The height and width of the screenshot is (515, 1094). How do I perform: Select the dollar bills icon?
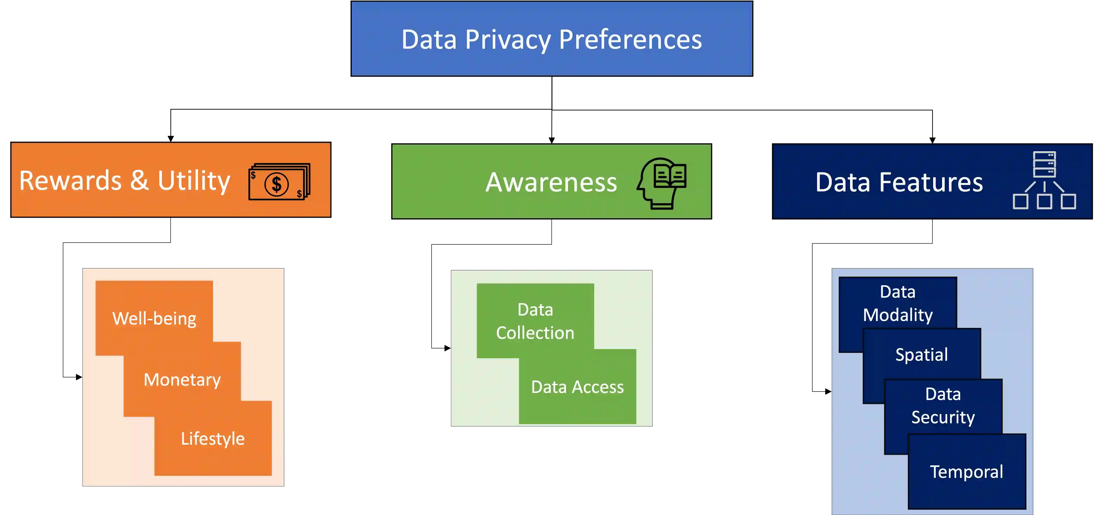coord(279,182)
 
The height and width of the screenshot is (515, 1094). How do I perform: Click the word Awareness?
coord(551,182)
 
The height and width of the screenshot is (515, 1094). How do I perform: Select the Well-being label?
coord(154,318)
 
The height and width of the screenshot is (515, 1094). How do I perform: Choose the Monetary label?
coord(182,380)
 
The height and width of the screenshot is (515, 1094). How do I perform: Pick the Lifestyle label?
coord(212,439)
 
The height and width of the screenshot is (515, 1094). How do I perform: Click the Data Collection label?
coord(535,321)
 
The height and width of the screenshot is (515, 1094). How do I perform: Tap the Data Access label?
coord(577,387)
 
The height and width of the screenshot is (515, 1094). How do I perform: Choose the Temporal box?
coord(967,472)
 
